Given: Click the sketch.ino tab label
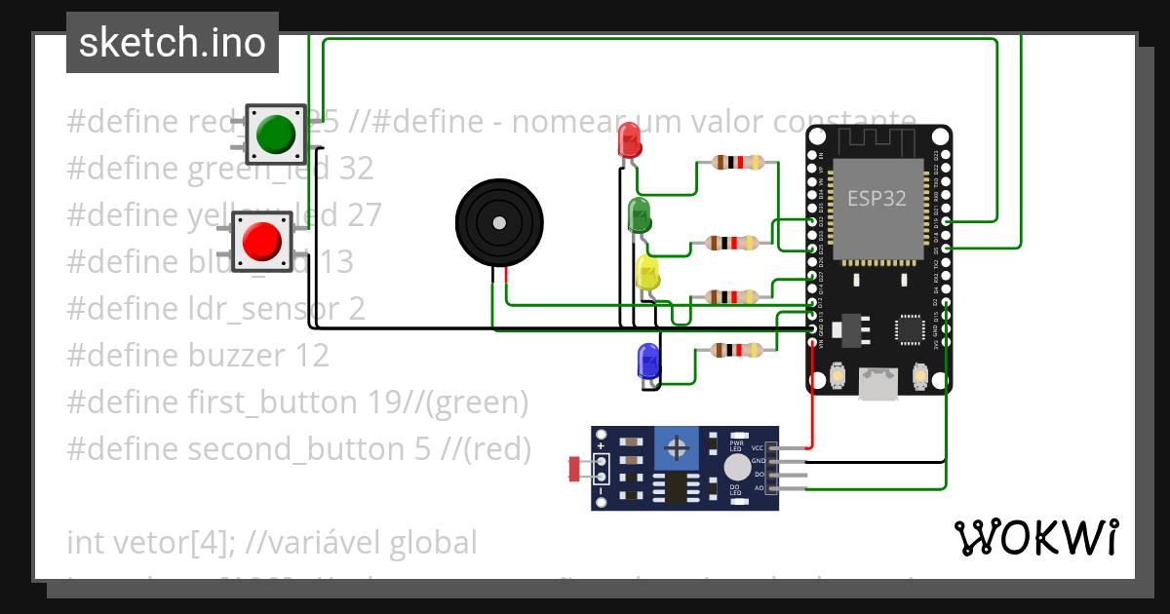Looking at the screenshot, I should [x=173, y=43].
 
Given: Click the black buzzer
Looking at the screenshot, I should [x=498, y=223].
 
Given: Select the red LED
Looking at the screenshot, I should [x=630, y=142].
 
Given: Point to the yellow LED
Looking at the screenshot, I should [x=647, y=272].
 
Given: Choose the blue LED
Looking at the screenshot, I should [x=647, y=361].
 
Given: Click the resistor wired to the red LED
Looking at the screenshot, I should [x=738, y=163].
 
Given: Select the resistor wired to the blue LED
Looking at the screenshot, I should [x=738, y=350].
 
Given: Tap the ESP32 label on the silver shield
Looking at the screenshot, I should [x=876, y=198].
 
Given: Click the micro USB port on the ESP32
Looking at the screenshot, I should [x=877, y=383].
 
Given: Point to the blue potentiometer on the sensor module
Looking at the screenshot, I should [x=676, y=449].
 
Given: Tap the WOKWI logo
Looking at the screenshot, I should [x=1035, y=537].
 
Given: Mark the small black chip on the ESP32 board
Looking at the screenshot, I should [x=912, y=328].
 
